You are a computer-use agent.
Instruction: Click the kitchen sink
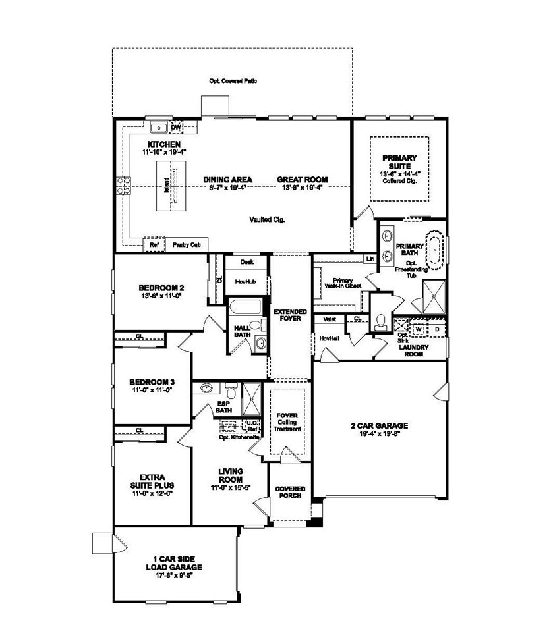(x=159, y=128)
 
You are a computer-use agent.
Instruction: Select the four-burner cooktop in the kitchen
(x=123, y=186)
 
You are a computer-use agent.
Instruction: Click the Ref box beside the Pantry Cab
(x=154, y=244)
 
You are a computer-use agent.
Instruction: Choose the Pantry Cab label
(x=186, y=244)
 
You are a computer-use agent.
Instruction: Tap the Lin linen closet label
(x=369, y=258)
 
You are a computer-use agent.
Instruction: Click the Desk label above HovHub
(x=246, y=261)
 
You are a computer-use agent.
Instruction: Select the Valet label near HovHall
(x=330, y=319)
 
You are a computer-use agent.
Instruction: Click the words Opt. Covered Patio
(x=233, y=81)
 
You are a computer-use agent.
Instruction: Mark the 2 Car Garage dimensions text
(x=379, y=434)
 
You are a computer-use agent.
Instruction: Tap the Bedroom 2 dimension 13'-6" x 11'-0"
(x=161, y=296)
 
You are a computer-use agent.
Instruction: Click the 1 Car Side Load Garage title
(x=173, y=562)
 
